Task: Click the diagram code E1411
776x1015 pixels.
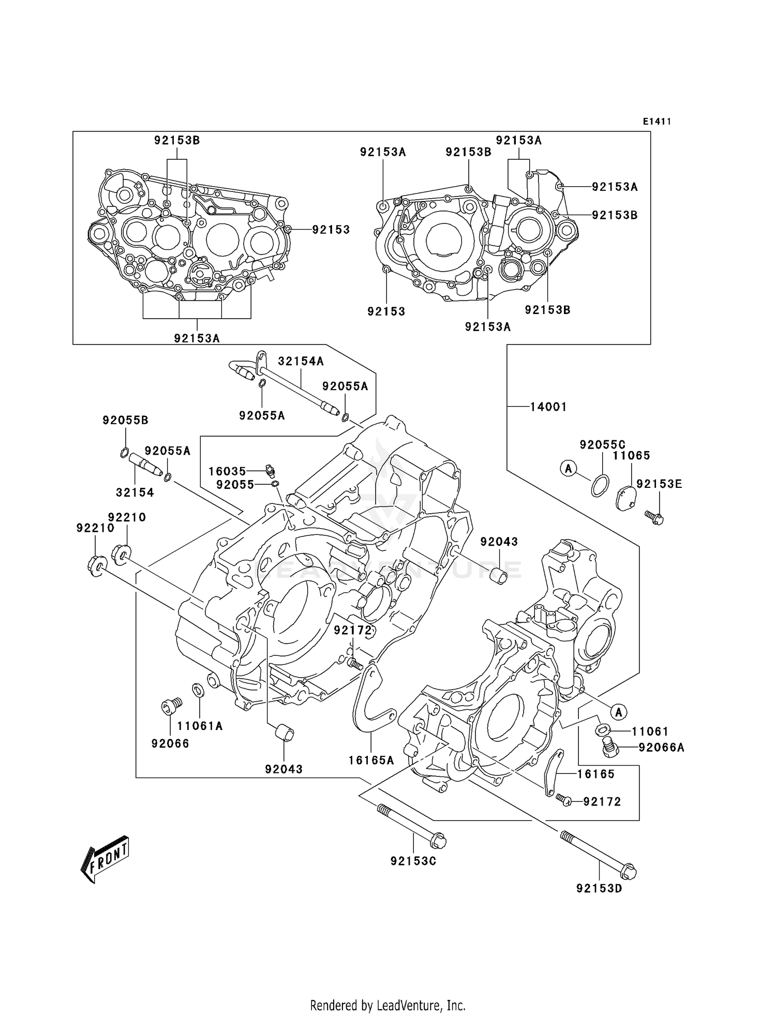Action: (656, 122)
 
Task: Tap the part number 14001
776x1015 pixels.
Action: (548, 407)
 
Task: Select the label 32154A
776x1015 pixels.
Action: (301, 362)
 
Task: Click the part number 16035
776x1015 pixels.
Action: (227, 471)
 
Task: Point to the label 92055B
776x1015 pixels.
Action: (125, 421)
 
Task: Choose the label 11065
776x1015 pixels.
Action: (631, 456)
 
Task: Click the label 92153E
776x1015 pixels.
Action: (659, 484)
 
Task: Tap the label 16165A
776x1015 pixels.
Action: (371, 760)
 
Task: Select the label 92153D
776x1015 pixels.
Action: (599, 889)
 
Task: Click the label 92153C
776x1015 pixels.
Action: (413, 861)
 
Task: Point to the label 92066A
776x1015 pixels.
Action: (661, 748)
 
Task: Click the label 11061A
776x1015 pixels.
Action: (200, 726)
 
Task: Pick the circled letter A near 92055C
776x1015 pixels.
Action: (568, 469)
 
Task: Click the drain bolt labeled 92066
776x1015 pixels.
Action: (170, 706)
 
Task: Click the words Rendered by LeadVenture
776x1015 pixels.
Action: (387, 1005)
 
